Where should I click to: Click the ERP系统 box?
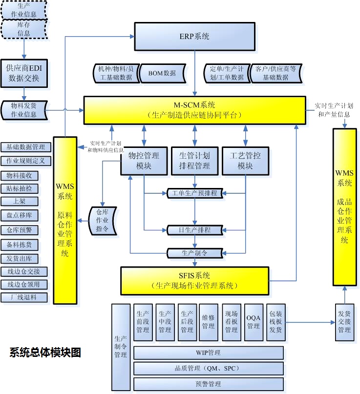coord(194,36)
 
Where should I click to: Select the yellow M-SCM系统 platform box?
coord(194,110)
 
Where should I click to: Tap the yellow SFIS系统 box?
coord(194,280)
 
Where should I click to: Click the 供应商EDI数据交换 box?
coord(24,73)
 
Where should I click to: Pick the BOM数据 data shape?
coord(163,73)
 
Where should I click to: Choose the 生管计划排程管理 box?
coord(194,161)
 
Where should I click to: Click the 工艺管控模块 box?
coord(245,161)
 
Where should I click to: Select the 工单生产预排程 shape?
coord(194,193)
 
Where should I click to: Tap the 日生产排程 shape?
coord(194,229)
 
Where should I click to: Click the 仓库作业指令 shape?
coord(102,220)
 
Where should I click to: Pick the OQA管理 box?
coord(254,322)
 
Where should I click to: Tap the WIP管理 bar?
coord(209,353)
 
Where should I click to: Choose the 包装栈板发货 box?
coord(276,322)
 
